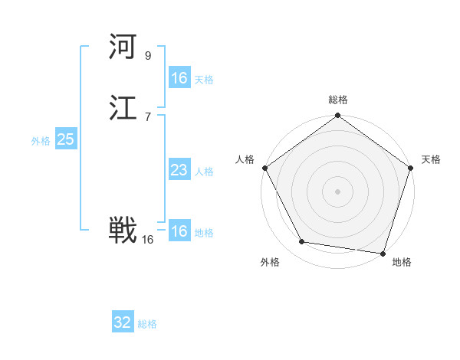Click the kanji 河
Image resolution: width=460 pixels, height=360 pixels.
pos(123,48)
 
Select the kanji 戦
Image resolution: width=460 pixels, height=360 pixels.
pos(123,231)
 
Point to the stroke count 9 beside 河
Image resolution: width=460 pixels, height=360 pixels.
pos(148,56)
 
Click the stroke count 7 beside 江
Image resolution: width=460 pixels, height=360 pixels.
pos(148,117)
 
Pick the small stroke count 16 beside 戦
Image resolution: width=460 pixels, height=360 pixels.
pos(148,240)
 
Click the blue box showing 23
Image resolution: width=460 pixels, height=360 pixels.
pos(179,170)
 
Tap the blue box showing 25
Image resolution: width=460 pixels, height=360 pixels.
pos(66,139)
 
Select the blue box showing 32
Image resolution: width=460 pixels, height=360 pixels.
pos(123,322)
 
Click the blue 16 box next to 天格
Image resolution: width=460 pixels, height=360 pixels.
pos(179,78)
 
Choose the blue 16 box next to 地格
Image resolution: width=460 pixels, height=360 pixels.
pos(179,231)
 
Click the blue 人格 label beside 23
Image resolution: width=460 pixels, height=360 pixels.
pos(204,172)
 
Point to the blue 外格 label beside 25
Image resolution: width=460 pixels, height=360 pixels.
pos(41,141)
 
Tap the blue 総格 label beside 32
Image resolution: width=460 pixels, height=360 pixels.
pos(147,324)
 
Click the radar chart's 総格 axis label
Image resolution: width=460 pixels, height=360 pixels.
pos(338,100)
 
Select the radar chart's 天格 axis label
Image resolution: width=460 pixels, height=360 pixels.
pos(431,159)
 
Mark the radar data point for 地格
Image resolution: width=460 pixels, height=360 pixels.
pos(383,253)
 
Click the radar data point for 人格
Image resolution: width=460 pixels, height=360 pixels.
pos(264,168)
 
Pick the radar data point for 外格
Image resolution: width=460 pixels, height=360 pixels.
pos(302,242)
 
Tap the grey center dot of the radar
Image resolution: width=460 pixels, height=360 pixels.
pos(337,191)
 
